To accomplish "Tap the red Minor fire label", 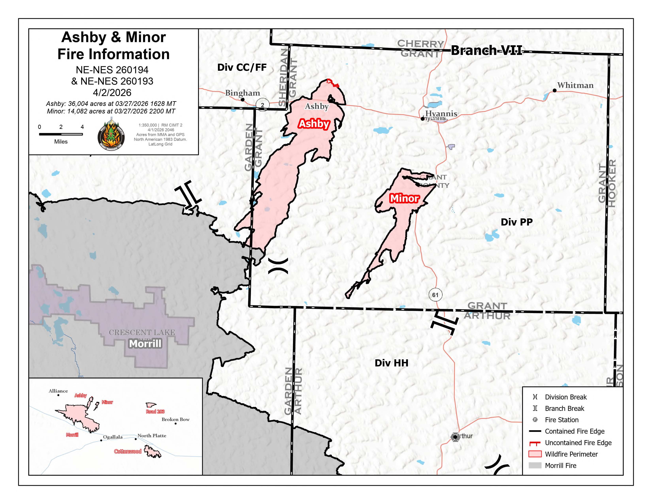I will [x=404, y=198].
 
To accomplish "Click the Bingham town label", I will [x=242, y=93].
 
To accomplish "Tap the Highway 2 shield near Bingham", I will [x=262, y=105].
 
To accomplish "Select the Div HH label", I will [x=391, y=363].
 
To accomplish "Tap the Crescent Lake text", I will [x=142, y=332].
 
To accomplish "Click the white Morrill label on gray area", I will [x=145, y=344].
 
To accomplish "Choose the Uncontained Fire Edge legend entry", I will [x=578, y=443].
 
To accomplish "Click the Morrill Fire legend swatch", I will [x=535, y=465].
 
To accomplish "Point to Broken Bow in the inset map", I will [x=175, y=419].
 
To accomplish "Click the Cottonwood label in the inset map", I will [x=128, y=451].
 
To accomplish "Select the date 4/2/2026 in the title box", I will [x=112, y=92].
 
